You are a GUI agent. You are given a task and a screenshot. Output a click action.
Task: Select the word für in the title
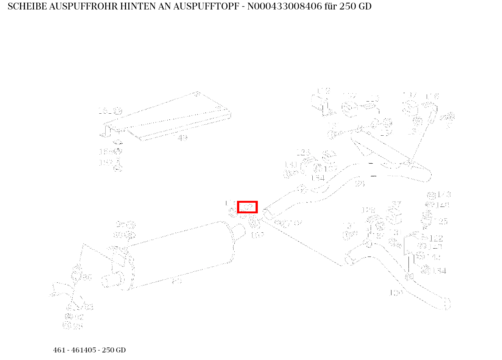click(331, 6)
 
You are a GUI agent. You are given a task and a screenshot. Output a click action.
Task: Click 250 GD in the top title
click(355, 6)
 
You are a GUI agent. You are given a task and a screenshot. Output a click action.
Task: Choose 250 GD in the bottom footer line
click(114, 350)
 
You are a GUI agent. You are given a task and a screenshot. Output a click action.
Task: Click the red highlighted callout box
click(247, 207)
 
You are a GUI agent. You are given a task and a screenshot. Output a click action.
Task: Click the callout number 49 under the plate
click(182, 138)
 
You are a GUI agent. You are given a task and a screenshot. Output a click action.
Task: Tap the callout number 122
click(436, 238)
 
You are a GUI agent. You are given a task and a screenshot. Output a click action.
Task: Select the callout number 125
click(443, 221)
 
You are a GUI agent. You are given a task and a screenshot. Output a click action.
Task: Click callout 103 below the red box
click(257, 235)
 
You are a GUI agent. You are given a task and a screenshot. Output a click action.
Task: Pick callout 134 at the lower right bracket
click(439, 271)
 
